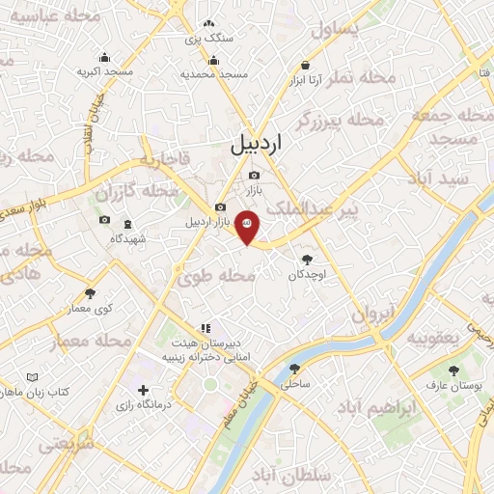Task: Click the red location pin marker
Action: pyautogui.click(x=247, y=225)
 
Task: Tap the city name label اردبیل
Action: pyautogui.click(x=259, y=145)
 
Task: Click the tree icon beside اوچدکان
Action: pyautogui.click(x=308, y=259)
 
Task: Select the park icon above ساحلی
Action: pyautogui.click(x=293, y=368)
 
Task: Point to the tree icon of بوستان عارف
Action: pyautogui.click(x=453, y=370)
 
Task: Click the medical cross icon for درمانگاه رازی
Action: pyautogui.click(x=144, y=391)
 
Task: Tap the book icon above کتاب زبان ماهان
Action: pyautogui.click(x=34, y=376)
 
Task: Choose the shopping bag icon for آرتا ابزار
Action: pyautogui.click(x=305, y=66)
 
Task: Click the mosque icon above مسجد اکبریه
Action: pyautogui.click(x=93, y=57)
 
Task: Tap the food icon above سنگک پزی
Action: pyautogui.click(x=208, y=24)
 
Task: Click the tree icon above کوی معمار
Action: pyautogui.click(x=91, y=292)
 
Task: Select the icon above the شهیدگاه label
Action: pyautogui.click(x=104, y=221)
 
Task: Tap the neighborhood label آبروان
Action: pyautogui.click(x=372, y=315)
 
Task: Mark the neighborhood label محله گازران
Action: pyautogui.click(x=137, y=192)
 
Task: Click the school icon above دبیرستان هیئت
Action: pyautogui.click(x=205, y=328)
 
